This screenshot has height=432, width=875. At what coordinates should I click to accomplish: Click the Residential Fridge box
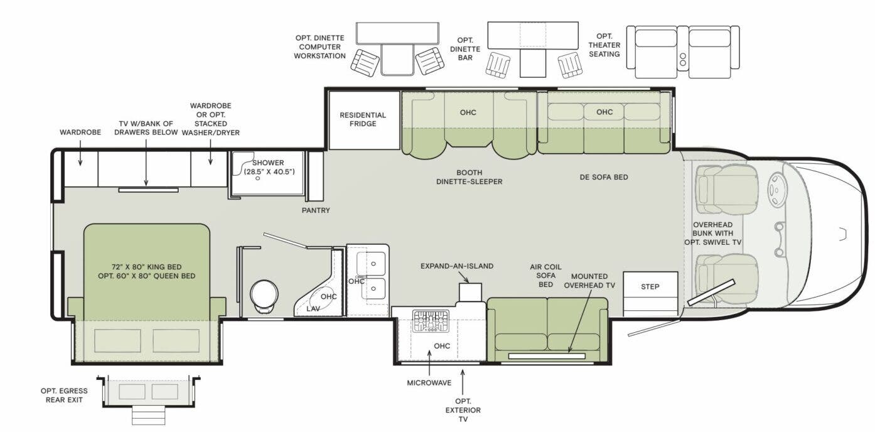pyautogui.click(x=363, y=120)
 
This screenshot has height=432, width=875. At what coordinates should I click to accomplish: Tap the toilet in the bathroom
pyautogui.click(x=264, y=296)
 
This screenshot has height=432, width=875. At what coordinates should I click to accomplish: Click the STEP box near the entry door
pyautogui.click(x=650, y=286)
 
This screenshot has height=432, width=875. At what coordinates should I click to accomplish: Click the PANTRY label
pyautogui.click(x=316, y=210)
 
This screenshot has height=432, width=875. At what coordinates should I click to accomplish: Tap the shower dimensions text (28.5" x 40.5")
pyautogui.click(x=269, y=171)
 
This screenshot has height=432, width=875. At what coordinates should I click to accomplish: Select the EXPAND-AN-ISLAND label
pyautogui.click(x=457, y=266)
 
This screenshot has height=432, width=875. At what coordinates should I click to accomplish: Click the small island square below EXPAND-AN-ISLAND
pyautogui.click(x=470, y=292)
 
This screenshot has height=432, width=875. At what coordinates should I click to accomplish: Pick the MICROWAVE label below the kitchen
pyautogui.click(x=429, y=382)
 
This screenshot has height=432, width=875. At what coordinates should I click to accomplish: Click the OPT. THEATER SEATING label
pyautogui.click(x=604, y=45)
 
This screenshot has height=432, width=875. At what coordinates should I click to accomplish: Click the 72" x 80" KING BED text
pyautogui.click(x=148, y=266)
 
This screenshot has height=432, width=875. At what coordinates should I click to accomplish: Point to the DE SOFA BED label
pyautogui.click(x=604, y=177)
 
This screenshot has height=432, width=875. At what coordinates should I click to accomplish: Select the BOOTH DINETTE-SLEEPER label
pyautogui.click(x=469, y=177)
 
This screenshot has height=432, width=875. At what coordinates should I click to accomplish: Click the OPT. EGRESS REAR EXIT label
pyautogui.click(x=64, y=396)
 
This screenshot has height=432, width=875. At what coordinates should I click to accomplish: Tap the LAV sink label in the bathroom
pyautogui.click(x=313, y=308)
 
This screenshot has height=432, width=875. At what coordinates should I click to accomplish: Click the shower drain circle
pyautogui.click(x=258, y=178)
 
